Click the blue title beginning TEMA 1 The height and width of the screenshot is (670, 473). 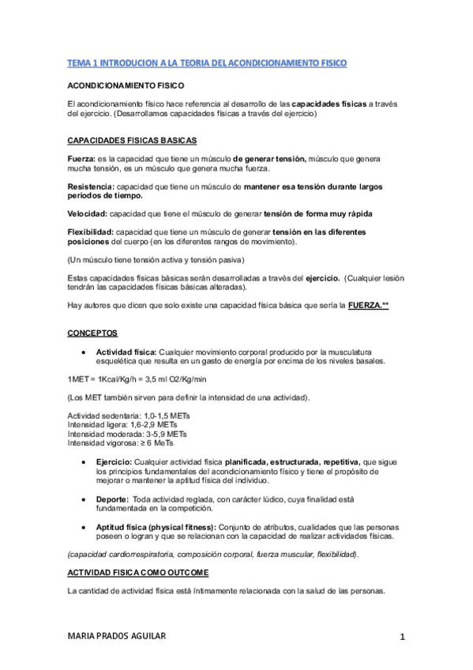(207, 62)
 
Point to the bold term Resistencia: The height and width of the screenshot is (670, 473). (91, 186)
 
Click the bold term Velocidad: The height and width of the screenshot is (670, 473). (88, 214)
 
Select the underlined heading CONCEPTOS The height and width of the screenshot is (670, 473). (92, 333)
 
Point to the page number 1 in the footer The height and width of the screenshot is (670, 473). (402, 637)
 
